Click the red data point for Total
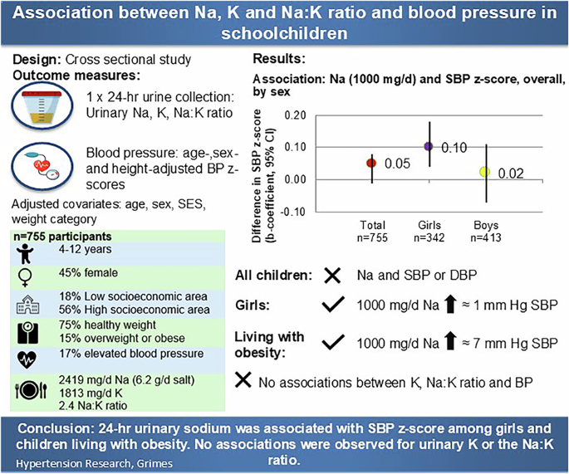click(372, 163)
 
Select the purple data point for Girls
click(429, 146)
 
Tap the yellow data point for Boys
click(485, 172)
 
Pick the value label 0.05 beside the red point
click(398, 164)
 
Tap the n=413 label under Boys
click(486, 237)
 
